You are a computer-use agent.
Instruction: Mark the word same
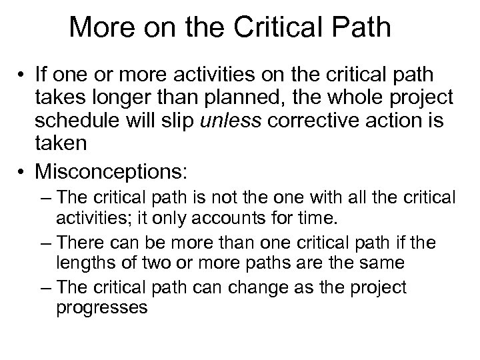pyautogui.click(x=381, y=263)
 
